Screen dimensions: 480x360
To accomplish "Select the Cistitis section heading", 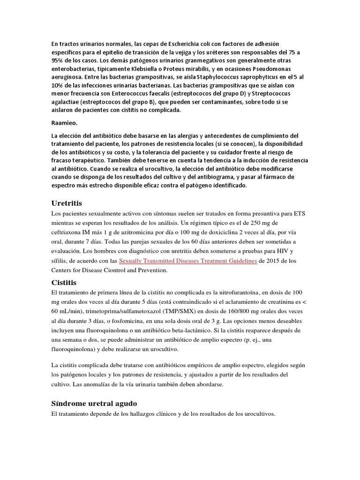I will [63, 282].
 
